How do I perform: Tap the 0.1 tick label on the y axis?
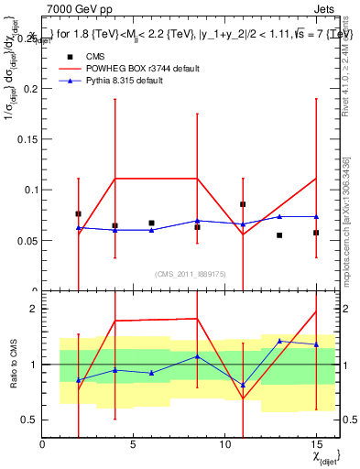[28, 191]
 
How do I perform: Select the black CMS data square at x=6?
[151, 223]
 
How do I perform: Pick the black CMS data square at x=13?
[279, 235]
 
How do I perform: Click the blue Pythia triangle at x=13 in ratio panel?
[279, 341]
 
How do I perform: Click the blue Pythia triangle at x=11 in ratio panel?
[243, 386]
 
